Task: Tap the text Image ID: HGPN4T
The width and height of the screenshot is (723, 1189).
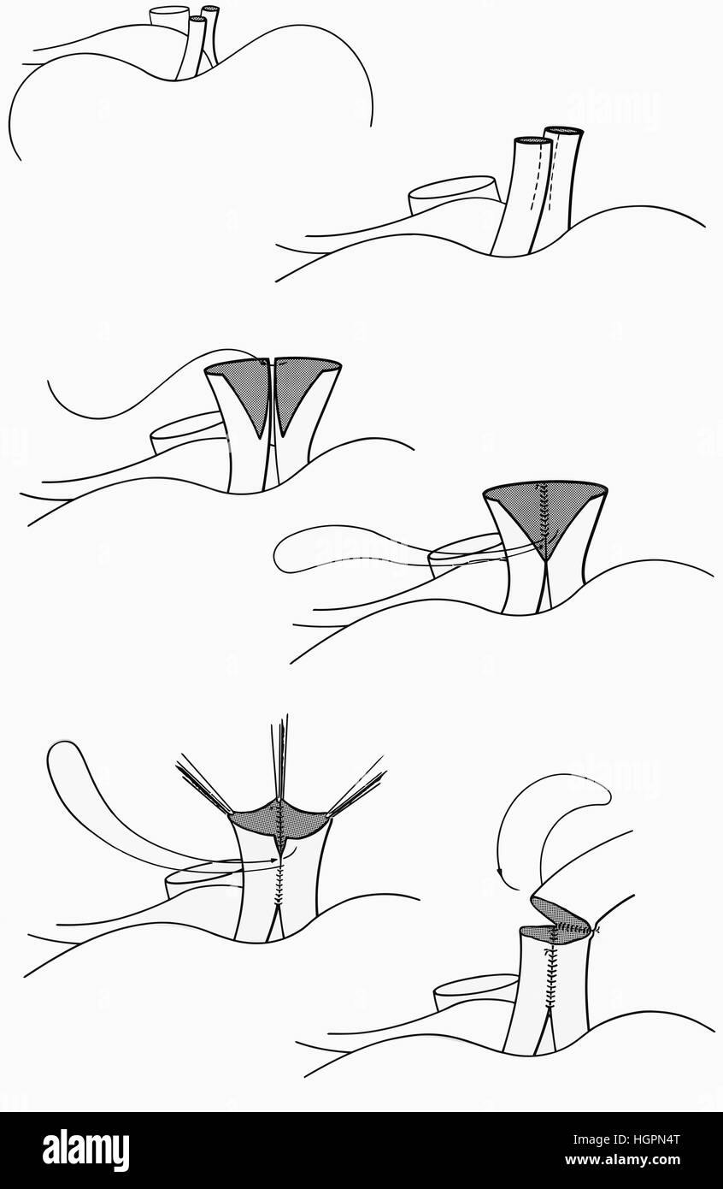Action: [626, 1139]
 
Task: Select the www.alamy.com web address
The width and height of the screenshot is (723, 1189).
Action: [622, 1160]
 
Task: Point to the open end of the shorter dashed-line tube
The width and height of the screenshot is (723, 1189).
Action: [533, 141]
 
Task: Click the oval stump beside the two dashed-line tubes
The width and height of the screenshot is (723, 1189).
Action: [454, 195]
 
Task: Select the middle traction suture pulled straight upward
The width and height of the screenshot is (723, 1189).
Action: [280, 760]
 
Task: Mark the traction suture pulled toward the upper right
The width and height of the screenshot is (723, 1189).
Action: [356, 784]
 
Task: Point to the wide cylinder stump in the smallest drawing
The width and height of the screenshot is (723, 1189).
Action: [169, 17]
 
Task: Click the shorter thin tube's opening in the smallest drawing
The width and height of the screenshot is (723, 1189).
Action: [197, 19]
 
